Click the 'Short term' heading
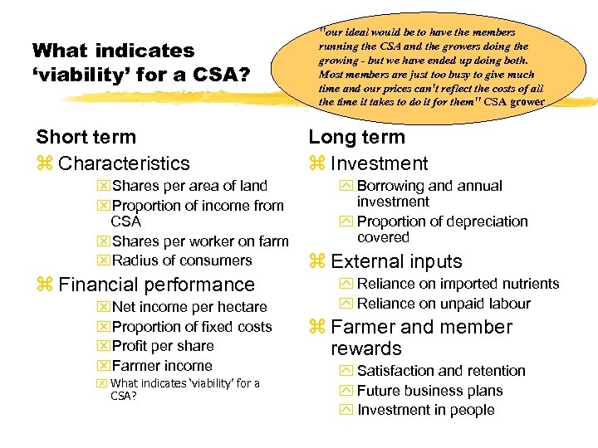(x=86, y=137)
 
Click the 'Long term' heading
(x=356, y=137)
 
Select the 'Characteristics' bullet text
(x=124, y=163)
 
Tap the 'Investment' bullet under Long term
(x=379, y=163)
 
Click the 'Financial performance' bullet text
(x=156, y=285)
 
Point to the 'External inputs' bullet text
(x=396, y=261)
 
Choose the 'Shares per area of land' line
(x=189, y=186)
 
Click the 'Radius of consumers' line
(x=182, y=261)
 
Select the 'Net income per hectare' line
(x=189, y=307)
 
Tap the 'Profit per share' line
(x=162, y=346)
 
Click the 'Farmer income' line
(x=162, y=366)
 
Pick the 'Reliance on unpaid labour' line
(x=444, y=304)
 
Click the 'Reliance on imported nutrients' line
(x=458, y=284)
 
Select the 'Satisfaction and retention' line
(x=441, y=371)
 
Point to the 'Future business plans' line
(x=429, y=391)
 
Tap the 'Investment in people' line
(x=425, y=410)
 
